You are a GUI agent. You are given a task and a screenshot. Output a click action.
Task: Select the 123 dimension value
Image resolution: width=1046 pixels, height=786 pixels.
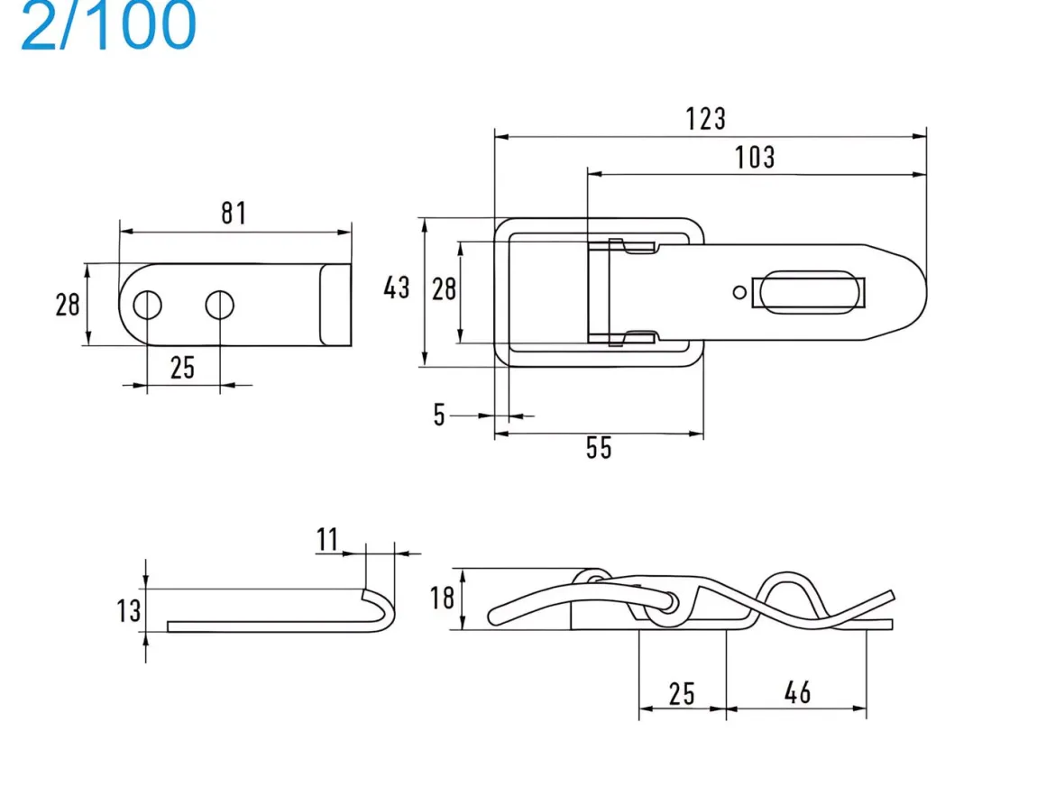706,119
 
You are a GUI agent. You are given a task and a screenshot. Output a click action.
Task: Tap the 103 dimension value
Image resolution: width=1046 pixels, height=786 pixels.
755,158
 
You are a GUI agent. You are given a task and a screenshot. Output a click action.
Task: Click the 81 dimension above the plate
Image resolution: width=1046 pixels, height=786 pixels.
234,213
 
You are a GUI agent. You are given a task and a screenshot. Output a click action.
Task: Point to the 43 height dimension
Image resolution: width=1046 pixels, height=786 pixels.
396,288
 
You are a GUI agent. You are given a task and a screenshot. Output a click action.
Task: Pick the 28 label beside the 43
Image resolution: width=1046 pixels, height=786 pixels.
444,289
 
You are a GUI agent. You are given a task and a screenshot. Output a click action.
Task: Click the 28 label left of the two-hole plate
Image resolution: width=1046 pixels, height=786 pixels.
68,305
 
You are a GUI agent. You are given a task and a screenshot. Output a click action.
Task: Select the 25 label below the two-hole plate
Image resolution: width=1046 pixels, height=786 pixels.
182,368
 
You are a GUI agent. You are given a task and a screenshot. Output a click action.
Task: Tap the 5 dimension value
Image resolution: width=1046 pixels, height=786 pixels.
439,415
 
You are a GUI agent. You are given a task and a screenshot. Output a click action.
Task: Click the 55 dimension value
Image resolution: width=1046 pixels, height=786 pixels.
599,448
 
